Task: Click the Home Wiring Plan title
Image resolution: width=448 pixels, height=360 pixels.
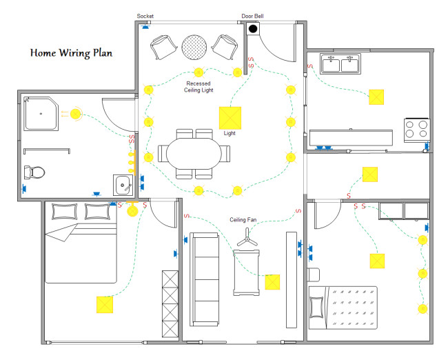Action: click(72, 52)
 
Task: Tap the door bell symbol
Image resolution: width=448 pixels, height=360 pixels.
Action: click(253, 29)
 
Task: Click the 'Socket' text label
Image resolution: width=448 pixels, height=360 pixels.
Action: click(145, 16)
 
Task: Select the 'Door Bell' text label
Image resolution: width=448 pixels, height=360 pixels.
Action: click(252, 16)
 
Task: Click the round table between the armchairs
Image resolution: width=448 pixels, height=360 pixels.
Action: click(194, 46)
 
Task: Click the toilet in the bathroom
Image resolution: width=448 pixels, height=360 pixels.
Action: click(34, 172)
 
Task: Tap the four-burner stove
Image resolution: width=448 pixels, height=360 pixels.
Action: click(416, 128)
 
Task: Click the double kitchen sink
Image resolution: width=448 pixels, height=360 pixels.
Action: click(340, 65)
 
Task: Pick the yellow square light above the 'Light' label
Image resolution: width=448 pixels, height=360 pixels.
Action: click(230, 117)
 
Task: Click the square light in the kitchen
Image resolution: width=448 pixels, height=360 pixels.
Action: click(376, 97)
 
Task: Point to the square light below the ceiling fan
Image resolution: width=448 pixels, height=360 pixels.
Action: click(272, 282)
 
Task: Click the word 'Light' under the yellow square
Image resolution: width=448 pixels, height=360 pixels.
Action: click(230, 133)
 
